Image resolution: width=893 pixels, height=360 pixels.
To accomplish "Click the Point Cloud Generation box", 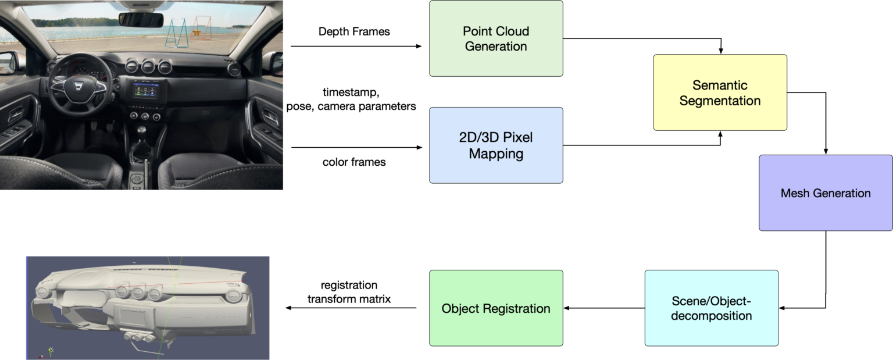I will pos(496,38).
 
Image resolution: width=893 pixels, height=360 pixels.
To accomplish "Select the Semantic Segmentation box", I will pos(720,92).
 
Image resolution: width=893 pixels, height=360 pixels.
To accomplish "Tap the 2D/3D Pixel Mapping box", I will pos(496,145).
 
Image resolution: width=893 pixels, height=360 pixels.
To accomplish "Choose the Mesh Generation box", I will pos(825,193).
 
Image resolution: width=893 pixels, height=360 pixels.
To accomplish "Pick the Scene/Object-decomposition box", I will pos(711,308).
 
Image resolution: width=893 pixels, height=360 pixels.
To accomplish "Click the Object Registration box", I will pos(496,308).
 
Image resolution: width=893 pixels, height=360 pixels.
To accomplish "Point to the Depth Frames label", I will pos(354,31).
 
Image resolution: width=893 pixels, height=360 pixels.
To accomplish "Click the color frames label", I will pos(354,162).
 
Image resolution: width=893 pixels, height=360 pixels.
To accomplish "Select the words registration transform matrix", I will pos(349,292).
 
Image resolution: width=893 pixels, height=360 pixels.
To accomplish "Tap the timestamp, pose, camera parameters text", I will pos(351,99).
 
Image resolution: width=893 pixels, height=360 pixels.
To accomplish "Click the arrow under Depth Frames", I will pos(356,46).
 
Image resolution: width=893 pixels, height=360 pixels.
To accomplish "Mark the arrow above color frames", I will pos(356,147).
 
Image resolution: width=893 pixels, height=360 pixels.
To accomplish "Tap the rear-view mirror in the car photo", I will pos(141,19).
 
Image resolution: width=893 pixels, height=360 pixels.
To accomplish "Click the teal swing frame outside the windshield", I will pos(176,33).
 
